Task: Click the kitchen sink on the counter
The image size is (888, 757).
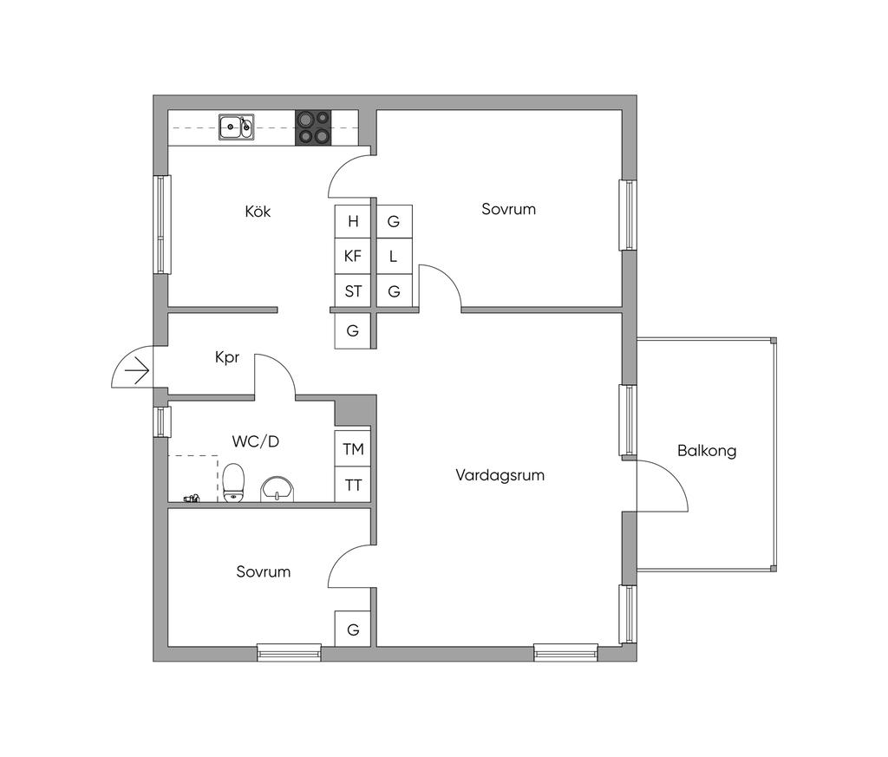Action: tap(236, 127)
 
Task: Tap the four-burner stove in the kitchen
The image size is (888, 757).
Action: tap(313, 127)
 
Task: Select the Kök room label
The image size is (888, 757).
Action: tap(258, 211)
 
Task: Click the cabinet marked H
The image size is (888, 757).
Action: tap(353, 221)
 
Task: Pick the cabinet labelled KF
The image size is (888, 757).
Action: tap(353, 256)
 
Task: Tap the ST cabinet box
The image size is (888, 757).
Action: tap(353, 291)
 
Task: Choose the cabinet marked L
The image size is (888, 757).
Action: tap(394, 256)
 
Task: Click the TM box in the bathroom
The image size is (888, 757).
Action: tap(353, 449)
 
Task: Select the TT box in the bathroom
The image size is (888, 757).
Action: tap(353, 485)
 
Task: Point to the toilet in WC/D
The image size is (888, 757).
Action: tap(232, 482)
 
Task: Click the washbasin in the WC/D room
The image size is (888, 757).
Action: tap(277, 488)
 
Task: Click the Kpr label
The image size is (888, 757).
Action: tap(227, 357)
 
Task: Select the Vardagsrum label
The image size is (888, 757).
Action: tap(500, 475)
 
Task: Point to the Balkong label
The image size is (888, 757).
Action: tap(707, 451)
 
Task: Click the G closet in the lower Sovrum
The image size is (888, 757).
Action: tap(353, 630)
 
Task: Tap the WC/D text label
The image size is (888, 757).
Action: tap(256, 441)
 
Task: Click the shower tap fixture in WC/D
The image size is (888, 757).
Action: tap(192, 498)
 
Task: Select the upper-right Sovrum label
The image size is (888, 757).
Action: tap(509, 209)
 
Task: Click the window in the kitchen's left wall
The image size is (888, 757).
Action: tap(162, 225)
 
